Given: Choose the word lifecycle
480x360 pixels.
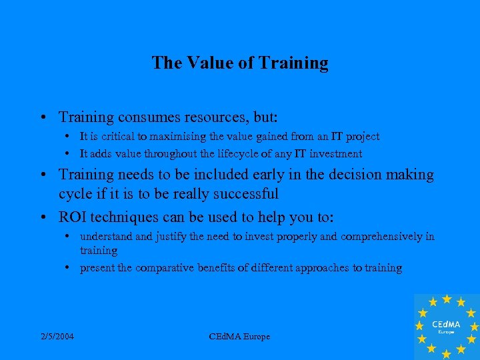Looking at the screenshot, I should (x=233, y=153).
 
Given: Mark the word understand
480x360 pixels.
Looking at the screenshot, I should (x=105, y=237).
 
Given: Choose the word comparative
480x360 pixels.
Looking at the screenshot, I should (x=165, y=268).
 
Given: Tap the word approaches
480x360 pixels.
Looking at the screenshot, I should (x=325, y=268).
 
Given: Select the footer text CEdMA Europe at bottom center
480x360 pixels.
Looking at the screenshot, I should (x=239, y=337).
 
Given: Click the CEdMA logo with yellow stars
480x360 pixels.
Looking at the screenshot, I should (x=446, y=325).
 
